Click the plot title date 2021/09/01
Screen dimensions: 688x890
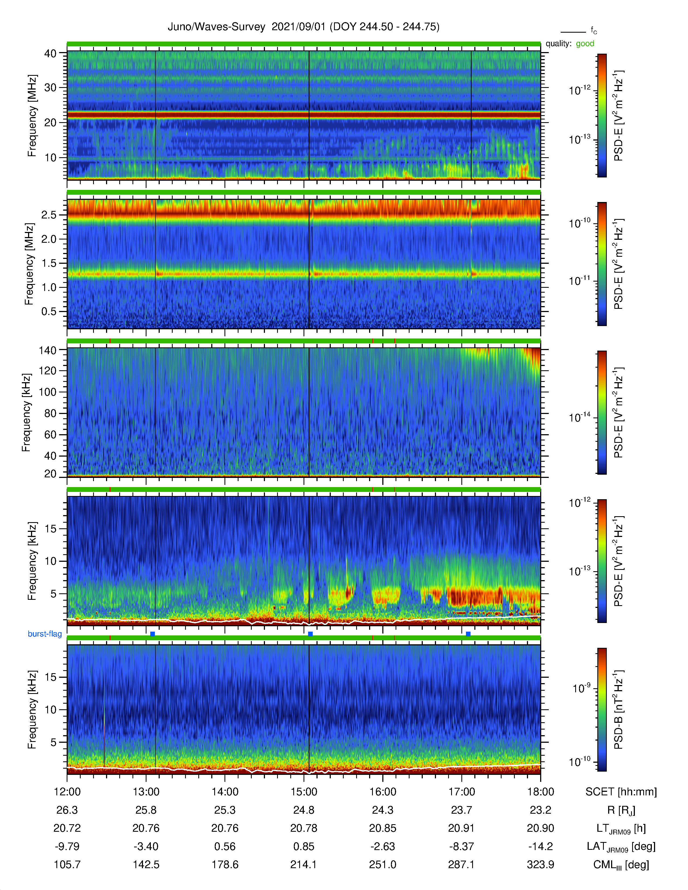(x=298, y=27)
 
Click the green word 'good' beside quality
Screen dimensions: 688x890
(x=585, y=44)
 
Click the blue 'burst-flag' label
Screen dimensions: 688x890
(x=45, y=634)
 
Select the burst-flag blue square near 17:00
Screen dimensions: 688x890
(x=468, y=634)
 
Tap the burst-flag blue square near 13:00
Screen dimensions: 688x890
(x=152, y=634)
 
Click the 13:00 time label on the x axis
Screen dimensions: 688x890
(x=146, y=792)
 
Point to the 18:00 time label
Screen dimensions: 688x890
(x=540, y=792)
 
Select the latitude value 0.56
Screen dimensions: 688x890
(x=225, y=846)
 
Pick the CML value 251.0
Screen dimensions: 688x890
(x=383, y=864)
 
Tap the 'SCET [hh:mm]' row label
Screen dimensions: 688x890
(x=621, y=792)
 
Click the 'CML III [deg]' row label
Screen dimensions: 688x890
(x=621, y=865)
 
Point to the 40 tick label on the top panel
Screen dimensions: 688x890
(x=50, y=53)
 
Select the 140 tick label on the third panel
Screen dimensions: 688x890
(x=47, y=350)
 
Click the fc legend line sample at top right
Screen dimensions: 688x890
(x=573, y=32)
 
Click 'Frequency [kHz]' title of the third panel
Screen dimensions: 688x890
(x=26, y=412)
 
